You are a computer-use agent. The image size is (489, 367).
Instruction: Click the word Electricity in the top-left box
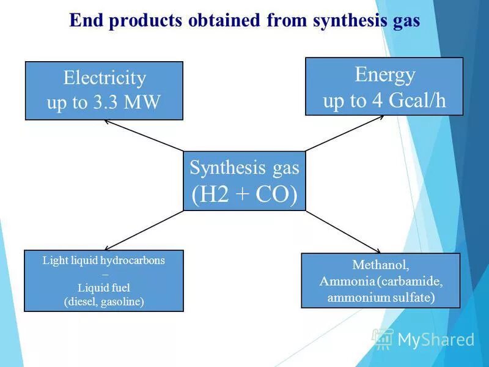pos(105,79)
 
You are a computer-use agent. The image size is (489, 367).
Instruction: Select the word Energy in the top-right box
pos(384,75)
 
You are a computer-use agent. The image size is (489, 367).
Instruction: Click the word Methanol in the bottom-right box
pos(380,265)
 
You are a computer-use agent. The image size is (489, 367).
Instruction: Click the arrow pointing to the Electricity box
pos(144,135)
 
